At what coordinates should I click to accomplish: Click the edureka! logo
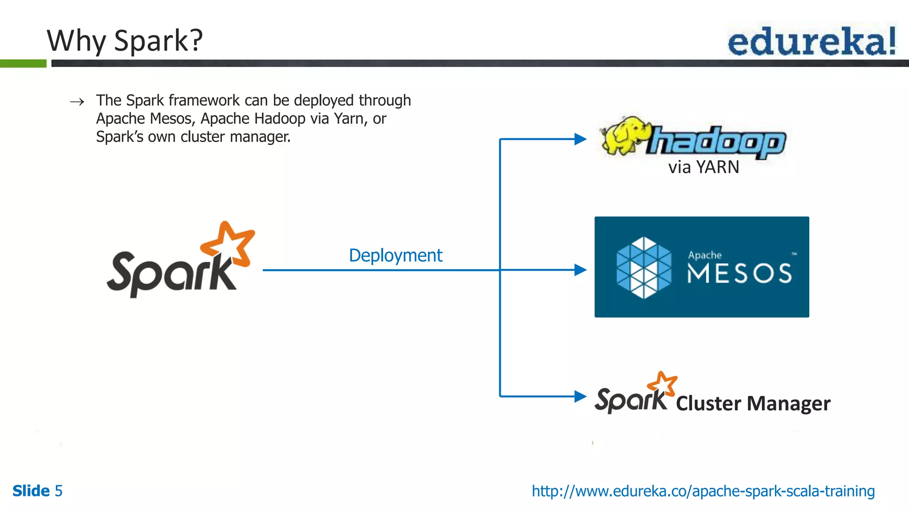[x=811, y=41]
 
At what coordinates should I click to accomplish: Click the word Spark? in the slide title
[x=158, y=41]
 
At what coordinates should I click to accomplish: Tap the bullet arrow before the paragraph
[x=77, y=102]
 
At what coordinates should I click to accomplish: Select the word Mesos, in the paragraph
[x=173, y=119]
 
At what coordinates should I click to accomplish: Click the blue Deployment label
[x=395, y=255]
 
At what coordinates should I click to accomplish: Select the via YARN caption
[x=703, y=167]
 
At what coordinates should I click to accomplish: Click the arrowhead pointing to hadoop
[x=580, y=139]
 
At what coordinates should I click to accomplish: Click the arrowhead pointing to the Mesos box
[x=580, y=270]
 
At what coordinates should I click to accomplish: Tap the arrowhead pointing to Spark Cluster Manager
[x=580, y=396]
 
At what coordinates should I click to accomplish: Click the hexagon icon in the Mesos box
[x=644, y=267]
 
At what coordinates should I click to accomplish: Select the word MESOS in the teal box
[x=739, y=273]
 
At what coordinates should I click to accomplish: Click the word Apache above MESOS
[x=704, y=255]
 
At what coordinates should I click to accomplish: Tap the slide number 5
[x=59, y=491]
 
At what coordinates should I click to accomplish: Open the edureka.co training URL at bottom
[x=703, y=491]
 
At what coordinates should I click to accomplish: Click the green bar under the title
[x=23, y=63]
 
